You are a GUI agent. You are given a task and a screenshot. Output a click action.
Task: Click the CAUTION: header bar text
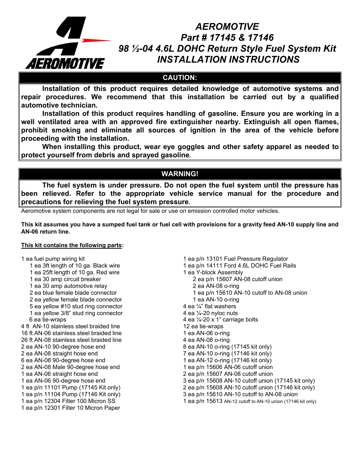[180, 78]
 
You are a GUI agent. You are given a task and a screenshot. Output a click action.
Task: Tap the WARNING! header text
[180, 174]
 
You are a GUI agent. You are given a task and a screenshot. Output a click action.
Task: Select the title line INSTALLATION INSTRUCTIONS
[228, 60]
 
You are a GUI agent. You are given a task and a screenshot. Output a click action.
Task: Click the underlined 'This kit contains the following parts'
[71, 245]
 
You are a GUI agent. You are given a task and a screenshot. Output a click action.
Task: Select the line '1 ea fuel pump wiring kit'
[53, 259]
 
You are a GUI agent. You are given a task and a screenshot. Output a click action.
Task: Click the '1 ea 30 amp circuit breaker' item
[65, 279]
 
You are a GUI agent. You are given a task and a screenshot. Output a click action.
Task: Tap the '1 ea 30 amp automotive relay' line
[68, 286]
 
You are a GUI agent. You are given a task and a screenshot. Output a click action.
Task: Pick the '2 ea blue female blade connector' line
[73, 293]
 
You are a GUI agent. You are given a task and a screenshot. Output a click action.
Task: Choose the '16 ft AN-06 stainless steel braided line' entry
[71, 333]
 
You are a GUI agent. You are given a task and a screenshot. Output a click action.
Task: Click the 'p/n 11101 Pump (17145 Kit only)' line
[71, 388]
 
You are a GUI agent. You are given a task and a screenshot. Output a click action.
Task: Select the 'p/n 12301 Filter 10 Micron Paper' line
[71, 408]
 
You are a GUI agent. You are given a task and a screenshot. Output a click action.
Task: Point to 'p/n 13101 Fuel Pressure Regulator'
[235, 259]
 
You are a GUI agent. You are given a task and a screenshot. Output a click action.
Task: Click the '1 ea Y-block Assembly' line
[213, 272]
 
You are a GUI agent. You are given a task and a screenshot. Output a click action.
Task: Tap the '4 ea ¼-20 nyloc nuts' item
[210, 313]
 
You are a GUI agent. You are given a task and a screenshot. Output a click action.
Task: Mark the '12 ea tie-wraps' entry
[203, 326]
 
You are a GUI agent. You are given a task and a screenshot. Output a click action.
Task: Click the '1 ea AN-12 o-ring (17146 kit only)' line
[227, 360]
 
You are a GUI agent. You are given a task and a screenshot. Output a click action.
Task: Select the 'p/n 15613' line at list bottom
[249, 401]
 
